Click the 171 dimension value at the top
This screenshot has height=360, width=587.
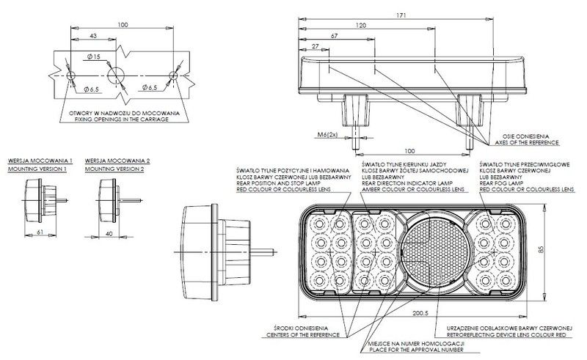[x=401, y=15]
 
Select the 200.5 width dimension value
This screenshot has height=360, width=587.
[x=420, y=313]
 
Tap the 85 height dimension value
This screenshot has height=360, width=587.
[x=541, y=249]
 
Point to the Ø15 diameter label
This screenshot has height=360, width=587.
[x=94, y=56]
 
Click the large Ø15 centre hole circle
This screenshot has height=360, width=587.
[x=116, y=76]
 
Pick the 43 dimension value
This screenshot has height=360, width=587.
[x=93, y=36]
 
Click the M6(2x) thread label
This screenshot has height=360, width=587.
[x=327, y=135]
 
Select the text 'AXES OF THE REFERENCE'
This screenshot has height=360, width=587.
[x=527, y=142]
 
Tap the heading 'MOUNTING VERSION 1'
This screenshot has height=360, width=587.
[x=37, y=169]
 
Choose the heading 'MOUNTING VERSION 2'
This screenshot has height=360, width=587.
[x=114, y=169]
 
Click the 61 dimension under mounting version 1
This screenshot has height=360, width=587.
[x=40, y=232]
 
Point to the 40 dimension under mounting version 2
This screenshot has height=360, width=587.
[x=109, y=233]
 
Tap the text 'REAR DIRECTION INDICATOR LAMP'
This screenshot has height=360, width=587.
[x=407, y=183]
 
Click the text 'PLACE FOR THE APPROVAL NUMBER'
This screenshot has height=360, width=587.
[x=416, y=350]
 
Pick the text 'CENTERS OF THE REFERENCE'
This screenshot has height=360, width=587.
[x=303, y=335]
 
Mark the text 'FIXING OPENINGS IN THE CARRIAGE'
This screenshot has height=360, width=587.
[x=122, y=120]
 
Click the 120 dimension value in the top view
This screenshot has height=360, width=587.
[x=361, y=26]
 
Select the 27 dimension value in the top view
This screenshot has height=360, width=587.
[x=316, y=46]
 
